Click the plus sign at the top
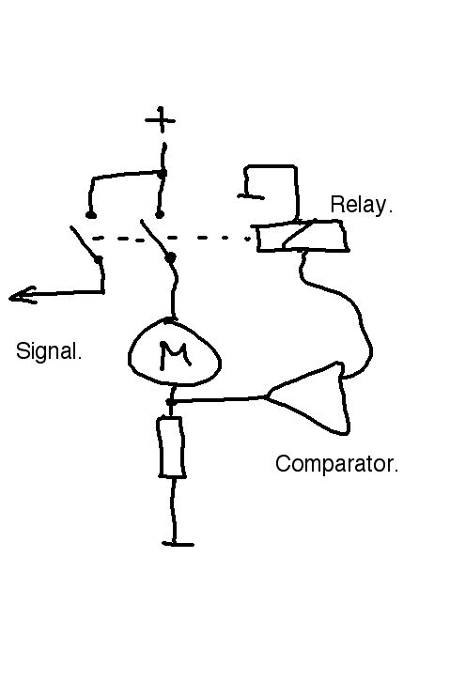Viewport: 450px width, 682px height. (x=161, y=119)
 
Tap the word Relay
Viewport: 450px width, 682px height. (x=362, y=205)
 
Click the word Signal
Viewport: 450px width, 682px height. (x=49, y=351)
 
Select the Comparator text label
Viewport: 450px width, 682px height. (x=336, y=464)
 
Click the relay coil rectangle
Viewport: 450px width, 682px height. (x=303, y=235)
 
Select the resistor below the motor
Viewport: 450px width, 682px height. (x=172, y=447)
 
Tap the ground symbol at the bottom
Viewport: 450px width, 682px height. (x=178, y=544)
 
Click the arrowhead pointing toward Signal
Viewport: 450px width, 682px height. (x=22, y=296)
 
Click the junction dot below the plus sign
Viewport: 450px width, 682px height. (x=162, y=174)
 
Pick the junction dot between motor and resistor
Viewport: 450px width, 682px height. (x=171, y=402)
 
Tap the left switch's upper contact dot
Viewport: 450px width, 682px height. (x=91, y=214)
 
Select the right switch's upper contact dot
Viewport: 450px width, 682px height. (x=160, y=214)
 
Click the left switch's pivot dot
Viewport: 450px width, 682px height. (x=99, y=259)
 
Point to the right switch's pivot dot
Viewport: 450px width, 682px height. (x=171, y=258)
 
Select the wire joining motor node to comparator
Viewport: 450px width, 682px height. (x=217, y=399)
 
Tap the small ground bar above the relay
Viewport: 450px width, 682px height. (x=251, y=196)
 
